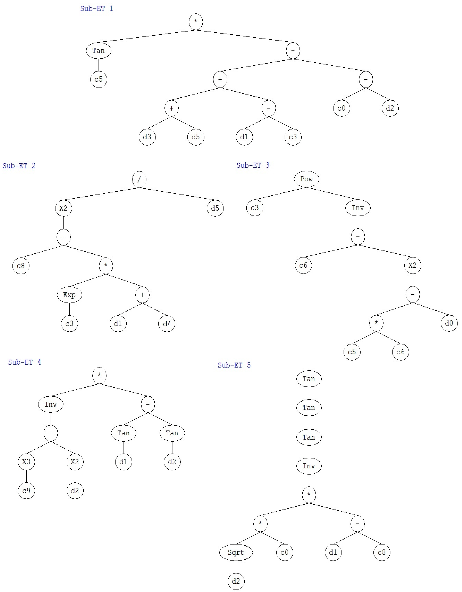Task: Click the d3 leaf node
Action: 147,137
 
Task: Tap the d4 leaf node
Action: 167,324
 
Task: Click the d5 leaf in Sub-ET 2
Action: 215,208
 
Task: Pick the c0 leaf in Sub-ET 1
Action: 341,108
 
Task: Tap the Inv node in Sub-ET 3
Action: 358,208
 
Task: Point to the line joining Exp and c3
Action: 69,309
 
